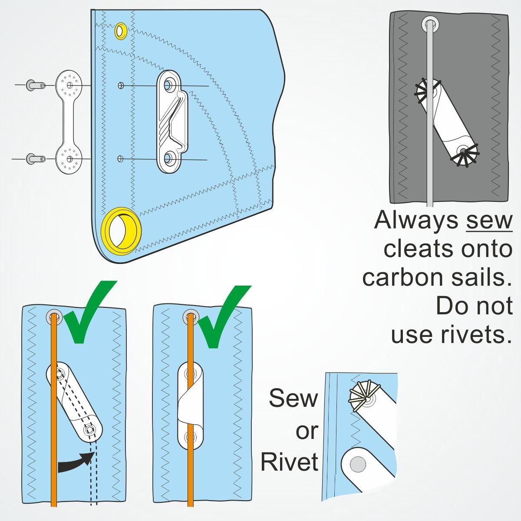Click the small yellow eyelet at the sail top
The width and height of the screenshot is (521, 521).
121,31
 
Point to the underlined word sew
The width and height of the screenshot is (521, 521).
489,220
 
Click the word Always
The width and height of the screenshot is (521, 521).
416,220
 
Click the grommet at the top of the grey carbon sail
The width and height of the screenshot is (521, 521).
430,23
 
